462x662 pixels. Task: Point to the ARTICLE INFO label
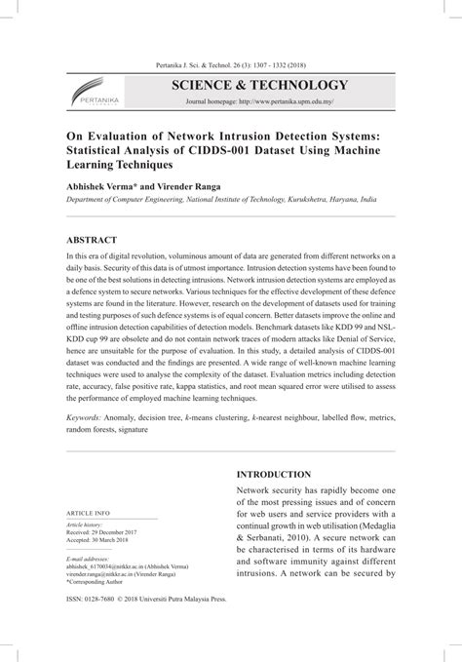tap(87, 539)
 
